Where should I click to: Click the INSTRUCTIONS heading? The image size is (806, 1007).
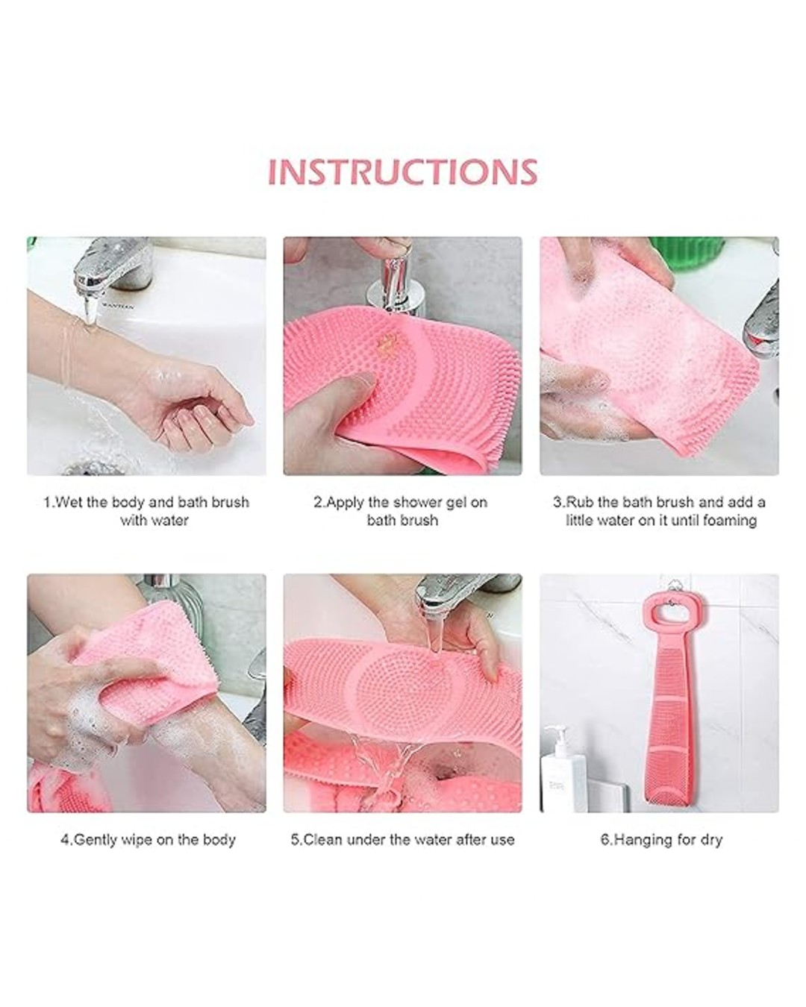[402, 172]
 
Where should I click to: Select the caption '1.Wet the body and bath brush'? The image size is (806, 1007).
[146, 502]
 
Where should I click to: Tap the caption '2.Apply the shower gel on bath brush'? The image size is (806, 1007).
[402, 511]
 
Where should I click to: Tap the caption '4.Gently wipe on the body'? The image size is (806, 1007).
[148, 839]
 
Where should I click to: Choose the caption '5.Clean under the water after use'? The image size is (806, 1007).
[402, 839]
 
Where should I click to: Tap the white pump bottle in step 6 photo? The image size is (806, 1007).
[564, 768]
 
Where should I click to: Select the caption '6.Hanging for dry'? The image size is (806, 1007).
[661, 839]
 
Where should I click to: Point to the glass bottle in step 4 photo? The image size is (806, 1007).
[160, 604]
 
